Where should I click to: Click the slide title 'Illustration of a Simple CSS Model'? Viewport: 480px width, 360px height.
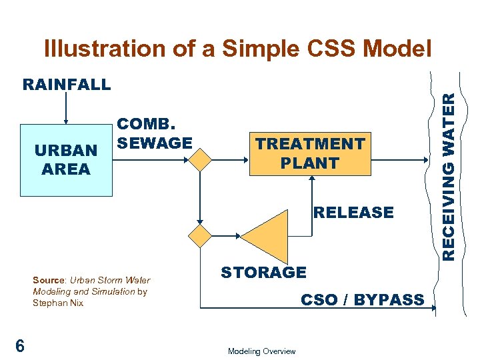click(x=237, y=49)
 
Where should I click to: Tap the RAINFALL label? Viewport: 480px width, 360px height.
click(x=67, y=85)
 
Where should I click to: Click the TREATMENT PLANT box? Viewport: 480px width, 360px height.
click(x=310, y=153)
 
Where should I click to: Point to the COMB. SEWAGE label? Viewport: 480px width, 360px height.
click(x=155, y=133)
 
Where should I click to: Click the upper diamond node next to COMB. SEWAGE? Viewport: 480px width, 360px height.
click(x=199, y=160)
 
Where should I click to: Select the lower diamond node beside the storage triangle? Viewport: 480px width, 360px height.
click(x=199, y=236)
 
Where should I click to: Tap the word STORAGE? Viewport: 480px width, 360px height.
click(x=263, y=272)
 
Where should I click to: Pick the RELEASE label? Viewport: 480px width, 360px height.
click(x=353, y=213)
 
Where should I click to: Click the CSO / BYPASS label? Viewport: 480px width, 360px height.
click(x=362, y=300)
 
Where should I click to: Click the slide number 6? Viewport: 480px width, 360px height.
click(x=21, y=345)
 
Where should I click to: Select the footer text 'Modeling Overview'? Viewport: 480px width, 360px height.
click(x=261, y=351)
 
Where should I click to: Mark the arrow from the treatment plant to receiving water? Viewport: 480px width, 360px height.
click(x=400, y=160)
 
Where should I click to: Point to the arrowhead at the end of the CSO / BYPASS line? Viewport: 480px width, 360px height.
click(x=433, y=308)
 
